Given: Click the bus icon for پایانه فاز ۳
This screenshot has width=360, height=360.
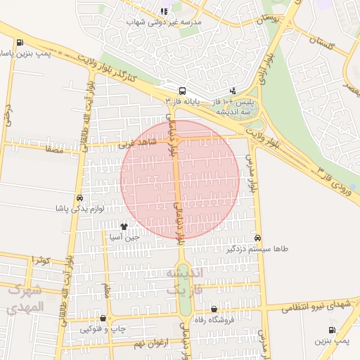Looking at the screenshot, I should point(183,91).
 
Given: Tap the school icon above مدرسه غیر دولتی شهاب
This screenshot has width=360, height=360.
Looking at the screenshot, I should point(164,11).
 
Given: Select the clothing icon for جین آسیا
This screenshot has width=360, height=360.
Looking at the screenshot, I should point(124,226).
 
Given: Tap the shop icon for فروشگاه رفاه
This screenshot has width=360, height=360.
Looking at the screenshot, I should point(214,309).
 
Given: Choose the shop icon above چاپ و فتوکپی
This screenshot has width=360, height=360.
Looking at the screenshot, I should point(103,319).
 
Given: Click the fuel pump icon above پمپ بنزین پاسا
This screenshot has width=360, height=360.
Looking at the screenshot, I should point(19,42).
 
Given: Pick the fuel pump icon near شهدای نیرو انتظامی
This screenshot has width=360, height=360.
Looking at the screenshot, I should point(332,330).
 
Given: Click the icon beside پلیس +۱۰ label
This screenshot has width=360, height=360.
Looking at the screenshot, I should point(233,90).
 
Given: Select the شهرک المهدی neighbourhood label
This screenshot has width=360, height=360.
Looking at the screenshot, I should point(27,298).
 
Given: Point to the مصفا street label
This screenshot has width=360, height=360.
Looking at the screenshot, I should point(53,149).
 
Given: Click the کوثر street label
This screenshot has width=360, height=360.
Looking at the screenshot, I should point(41,260).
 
